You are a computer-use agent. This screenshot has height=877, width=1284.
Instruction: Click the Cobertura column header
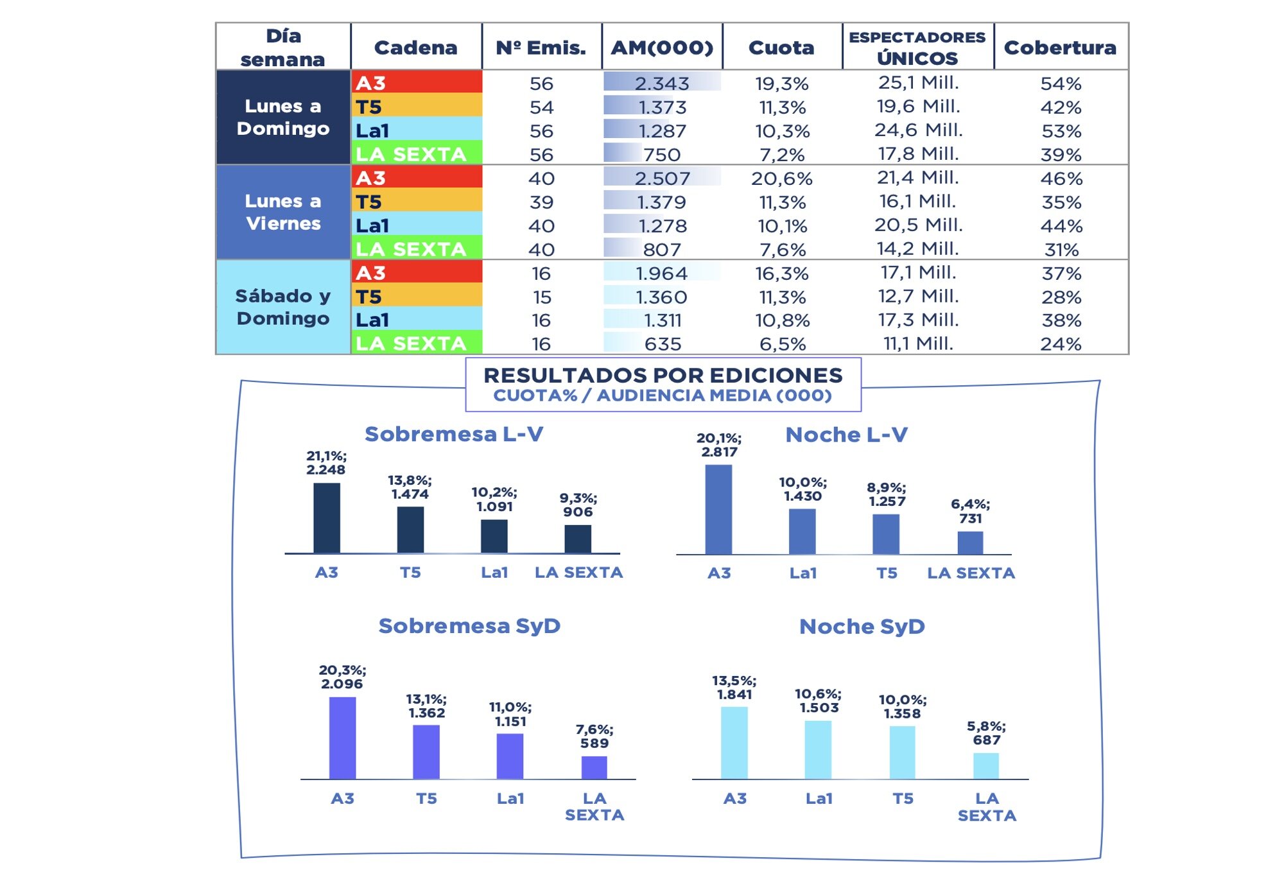[x=1060, y=48]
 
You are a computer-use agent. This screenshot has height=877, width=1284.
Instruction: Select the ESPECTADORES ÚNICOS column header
[x=917, y=48]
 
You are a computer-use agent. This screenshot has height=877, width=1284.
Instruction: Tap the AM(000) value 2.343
[x=662, y=83]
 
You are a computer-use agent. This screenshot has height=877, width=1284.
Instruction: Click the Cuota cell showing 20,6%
[x=781, y=178]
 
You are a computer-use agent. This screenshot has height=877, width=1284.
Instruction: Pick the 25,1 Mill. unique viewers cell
[x=918, y=82]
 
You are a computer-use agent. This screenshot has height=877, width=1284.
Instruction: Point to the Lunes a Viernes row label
[x=283, y=212]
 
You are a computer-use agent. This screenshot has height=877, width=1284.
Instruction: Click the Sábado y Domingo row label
[x=283, y=307]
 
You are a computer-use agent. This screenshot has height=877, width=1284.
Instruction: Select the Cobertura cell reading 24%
[x=1061, y=344]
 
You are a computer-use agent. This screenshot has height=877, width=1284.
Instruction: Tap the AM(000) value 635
[x=662, y=344]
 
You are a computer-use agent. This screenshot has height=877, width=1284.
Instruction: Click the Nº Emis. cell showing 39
[x=541, y=202]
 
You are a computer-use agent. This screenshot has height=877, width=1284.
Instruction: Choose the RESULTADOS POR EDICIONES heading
[x=663, y=376]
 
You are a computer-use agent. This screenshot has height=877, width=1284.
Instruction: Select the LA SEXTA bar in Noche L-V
[x=970, y=543]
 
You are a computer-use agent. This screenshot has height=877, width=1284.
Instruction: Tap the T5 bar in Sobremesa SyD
[x=426, y=752]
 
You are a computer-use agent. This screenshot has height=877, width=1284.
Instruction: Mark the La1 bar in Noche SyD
[x=818, y=749]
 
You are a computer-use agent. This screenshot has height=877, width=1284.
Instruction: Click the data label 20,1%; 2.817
[x=719, y=445]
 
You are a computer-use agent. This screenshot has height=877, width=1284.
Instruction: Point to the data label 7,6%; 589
[x=594, y=736]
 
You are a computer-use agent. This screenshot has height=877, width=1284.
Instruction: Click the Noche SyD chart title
[x=862, y=626]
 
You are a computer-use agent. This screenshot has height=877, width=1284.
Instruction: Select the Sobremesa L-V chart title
[x=454, y=434]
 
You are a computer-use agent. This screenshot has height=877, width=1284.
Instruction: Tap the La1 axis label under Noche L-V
[x=802, y=573]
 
